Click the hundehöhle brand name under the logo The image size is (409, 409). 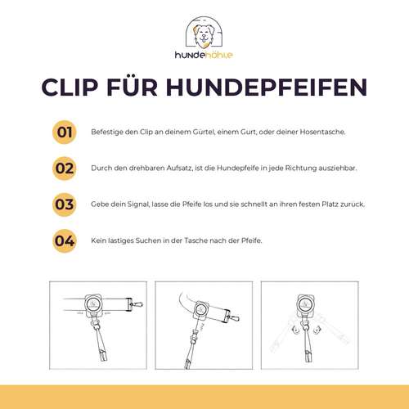(x=204, y=55)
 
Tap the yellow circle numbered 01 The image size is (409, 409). (x=65, y=133)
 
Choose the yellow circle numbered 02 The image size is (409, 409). (x=65, y=169)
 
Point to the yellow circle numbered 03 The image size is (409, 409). (x=65, y=204)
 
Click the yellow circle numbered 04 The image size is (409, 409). (x=65, y=240)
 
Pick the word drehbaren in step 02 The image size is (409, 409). (x=138, y=169)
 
